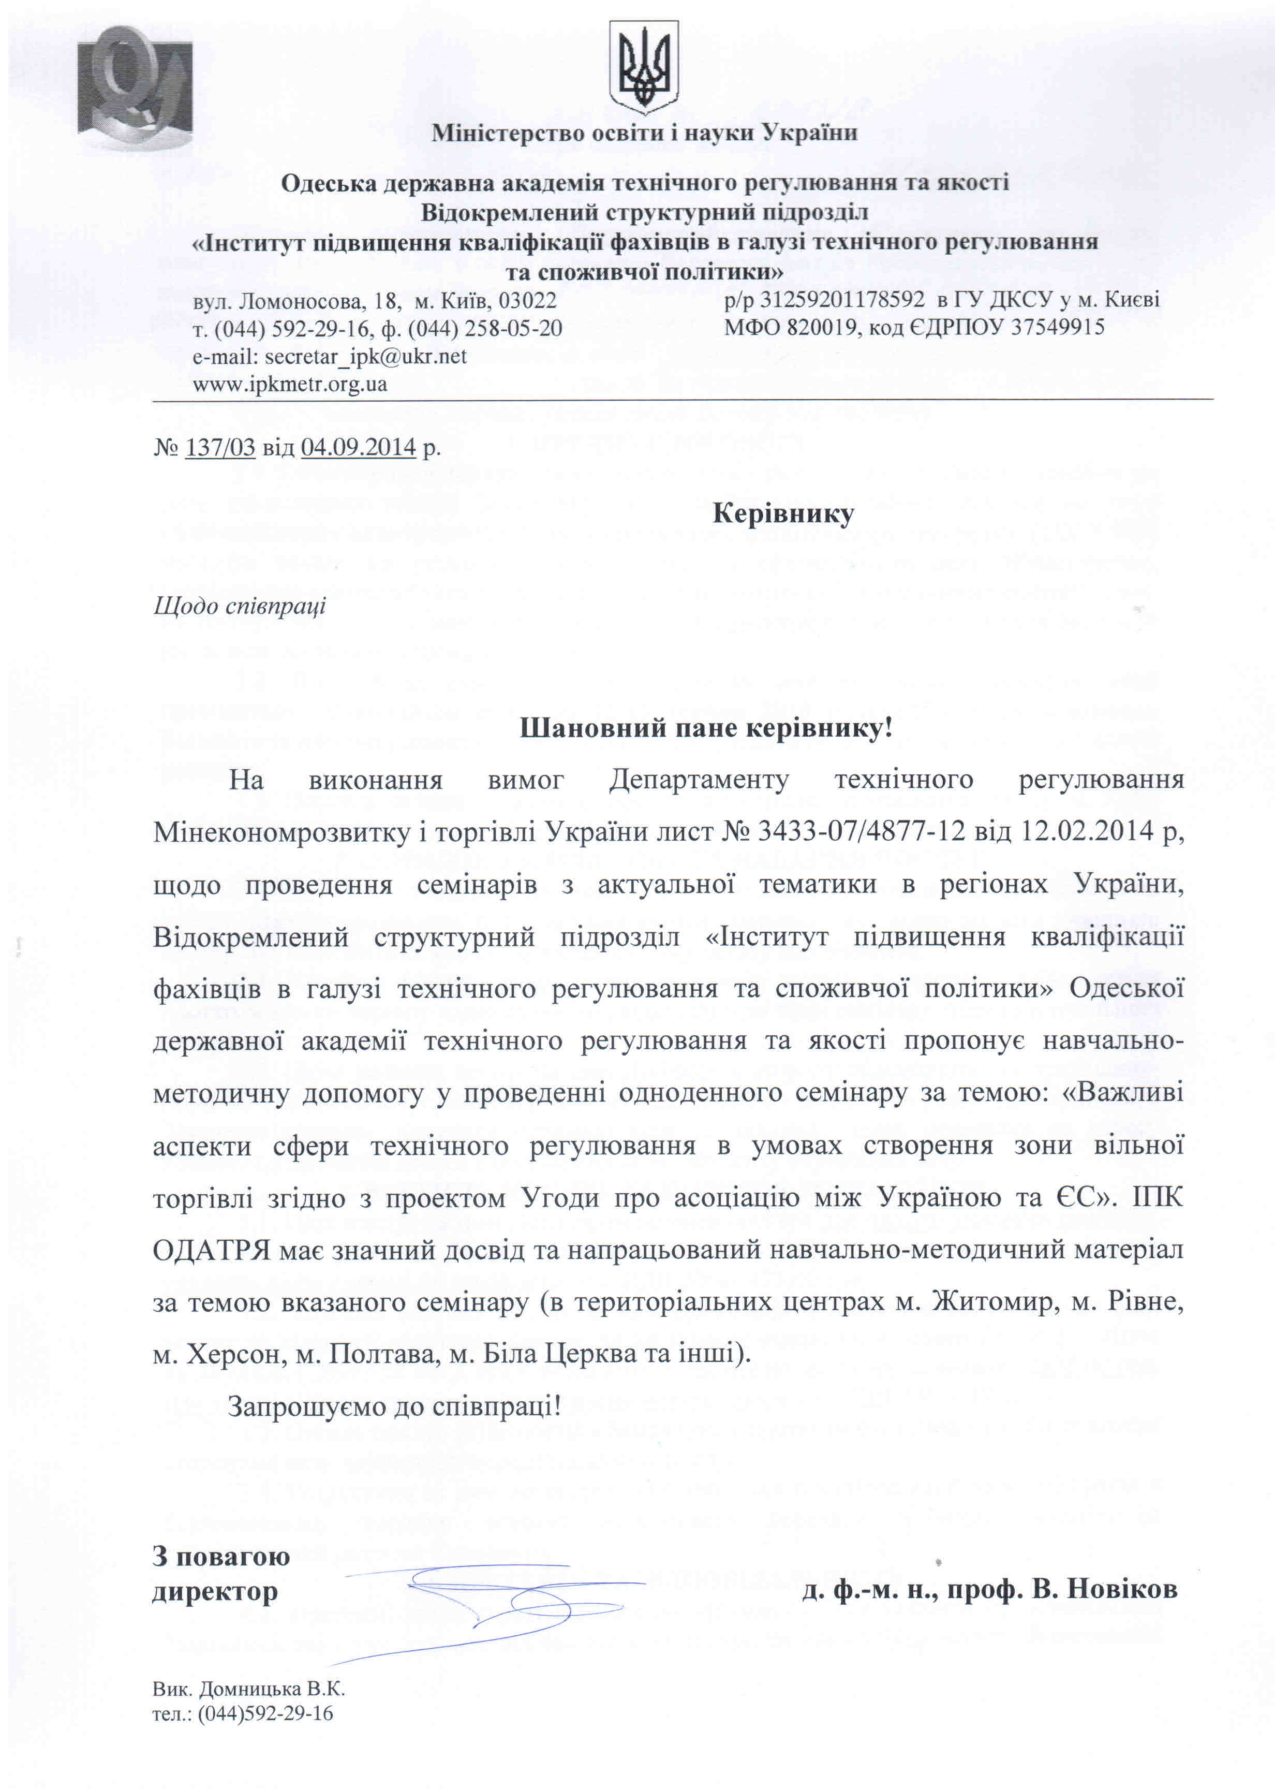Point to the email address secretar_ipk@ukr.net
pyautogui.click(x=365, y=357)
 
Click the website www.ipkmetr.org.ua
pyautogui.click(x=290, y=385)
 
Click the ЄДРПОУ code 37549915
pyautogui.click(x=1058, y=328)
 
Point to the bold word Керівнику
pyautogui.click(x=783, y=514)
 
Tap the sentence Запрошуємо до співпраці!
pyautogui.click(x=395, y=1406)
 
